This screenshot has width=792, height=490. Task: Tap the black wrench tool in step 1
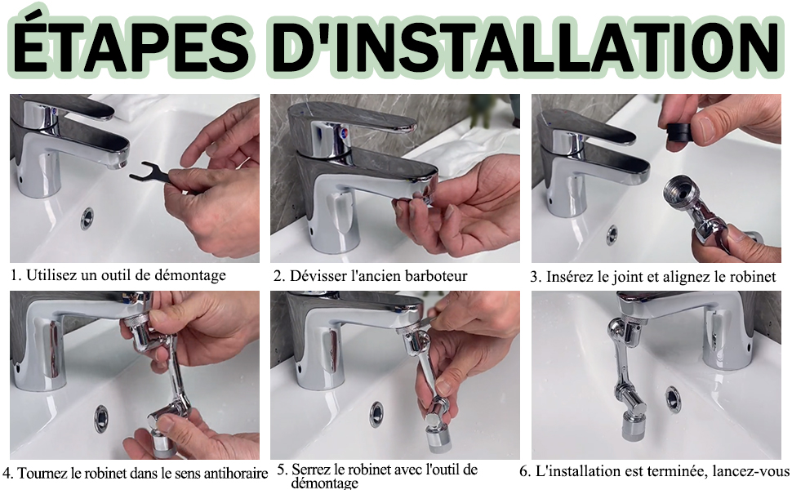[152, 174]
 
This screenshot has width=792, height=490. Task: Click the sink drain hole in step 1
[87, 218]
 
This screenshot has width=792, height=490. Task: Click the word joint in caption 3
[626, 277]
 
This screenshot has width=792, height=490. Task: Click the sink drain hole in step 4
[101, 419]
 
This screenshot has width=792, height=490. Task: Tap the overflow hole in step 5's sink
[376, 414]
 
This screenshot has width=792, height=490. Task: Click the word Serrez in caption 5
[309, 470]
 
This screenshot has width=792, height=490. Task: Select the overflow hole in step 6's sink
[673, 399]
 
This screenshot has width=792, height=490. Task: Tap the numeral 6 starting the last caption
[524, 472]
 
